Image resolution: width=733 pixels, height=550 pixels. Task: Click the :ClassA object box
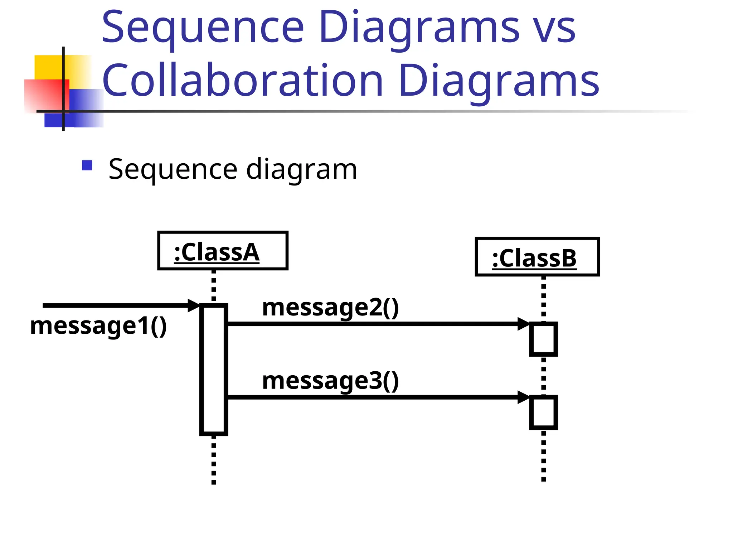click(223, 251)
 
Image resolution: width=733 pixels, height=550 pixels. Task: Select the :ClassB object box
click(537, 257)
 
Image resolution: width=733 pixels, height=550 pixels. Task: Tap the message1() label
click(98, 326)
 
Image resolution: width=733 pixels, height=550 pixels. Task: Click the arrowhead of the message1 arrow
click(194, 305)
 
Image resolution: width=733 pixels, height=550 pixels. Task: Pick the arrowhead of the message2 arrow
click(524, 324)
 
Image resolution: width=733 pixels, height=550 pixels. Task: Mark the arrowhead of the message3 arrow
click(524, 397)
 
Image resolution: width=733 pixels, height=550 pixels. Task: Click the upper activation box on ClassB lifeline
click(543, 339)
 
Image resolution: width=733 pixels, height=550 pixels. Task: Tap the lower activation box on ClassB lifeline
click(543, 412)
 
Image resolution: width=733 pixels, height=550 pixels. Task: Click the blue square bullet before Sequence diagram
click(87, 165)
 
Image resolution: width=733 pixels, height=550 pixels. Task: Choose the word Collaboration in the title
click(243, 80)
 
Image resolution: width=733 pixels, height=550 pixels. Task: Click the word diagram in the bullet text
click(301, 169)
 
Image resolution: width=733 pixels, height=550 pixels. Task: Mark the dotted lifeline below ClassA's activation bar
click(214, 460)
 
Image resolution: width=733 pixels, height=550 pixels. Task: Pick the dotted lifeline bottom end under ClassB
click(543, 478)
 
